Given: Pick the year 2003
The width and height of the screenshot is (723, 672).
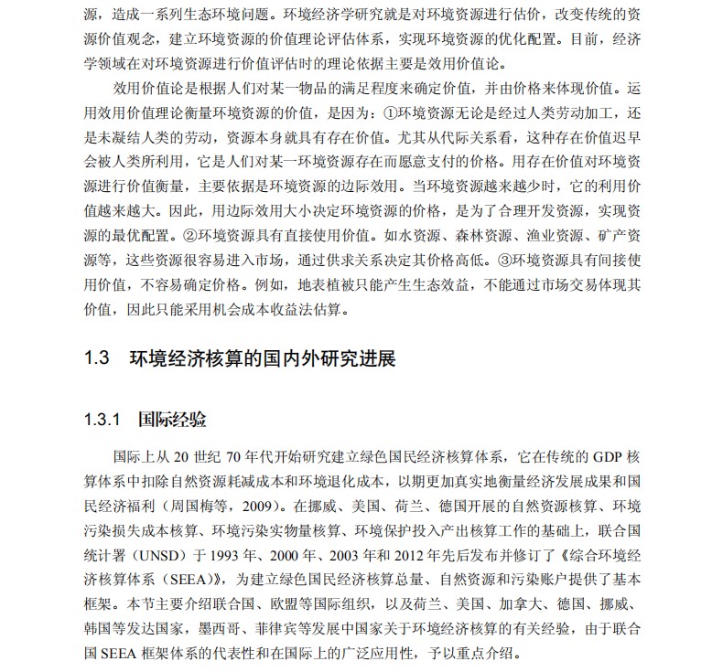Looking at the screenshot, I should [x=362, y=554].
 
